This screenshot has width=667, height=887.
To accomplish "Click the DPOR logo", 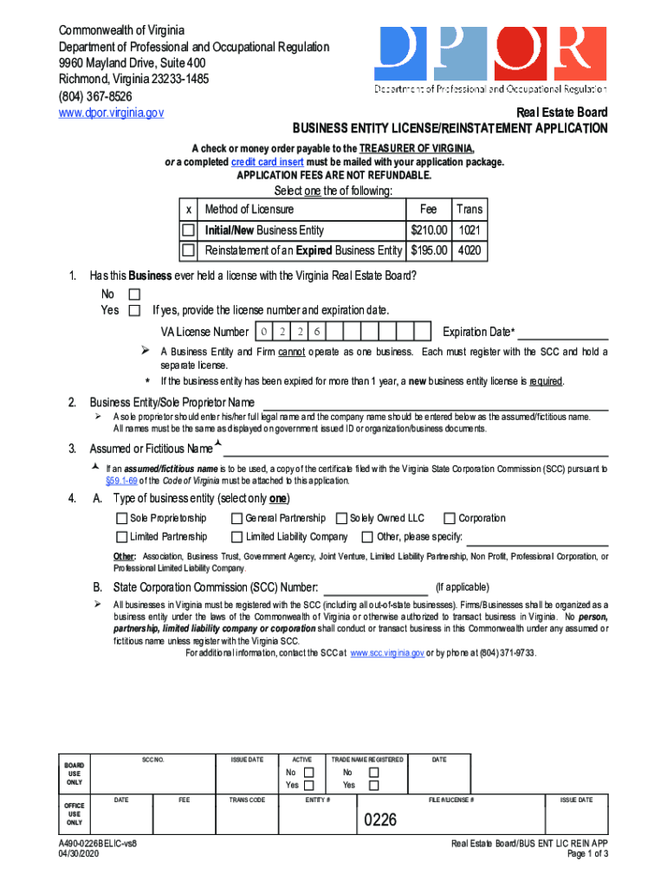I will pyautogui.click(x=489, y=58).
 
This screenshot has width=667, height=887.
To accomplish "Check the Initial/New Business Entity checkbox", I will pyautogui.click(x=188, y=230).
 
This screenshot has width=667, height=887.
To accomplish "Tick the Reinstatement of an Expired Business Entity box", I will pyautogui.click(x=188, y=251).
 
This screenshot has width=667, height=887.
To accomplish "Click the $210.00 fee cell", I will pyautogui.click(x=429, y=230).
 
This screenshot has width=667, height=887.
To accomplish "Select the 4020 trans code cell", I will pyautogui.click(x=470, y=251).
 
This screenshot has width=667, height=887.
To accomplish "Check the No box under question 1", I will pyautogui.click(x=133, y=295).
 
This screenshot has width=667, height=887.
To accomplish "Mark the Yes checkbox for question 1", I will pyautogui.click(x=133, y=310).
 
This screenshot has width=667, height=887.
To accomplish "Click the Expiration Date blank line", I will pyautogui.click(x=562, y=333).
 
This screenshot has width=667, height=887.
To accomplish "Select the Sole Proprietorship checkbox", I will pyautogui.click(x=121, y=519).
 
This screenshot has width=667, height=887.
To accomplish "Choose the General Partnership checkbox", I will pyautogui.click(x=236, y=519).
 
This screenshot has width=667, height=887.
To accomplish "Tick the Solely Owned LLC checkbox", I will pyautogui.click(x=341, y=519).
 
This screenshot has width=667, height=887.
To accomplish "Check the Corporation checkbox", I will pyautogui.click(x=450, y=519).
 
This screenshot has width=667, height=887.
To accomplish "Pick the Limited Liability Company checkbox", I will pyautogui.click(x=236, y=537).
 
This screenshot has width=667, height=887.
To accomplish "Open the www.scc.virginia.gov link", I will pyautogui.click(x=387, y=653).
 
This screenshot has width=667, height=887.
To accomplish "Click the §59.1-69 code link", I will pyautogui.click(x=121, y=481).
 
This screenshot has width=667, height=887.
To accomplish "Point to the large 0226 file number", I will pyautogui.click(x=379, y=819).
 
